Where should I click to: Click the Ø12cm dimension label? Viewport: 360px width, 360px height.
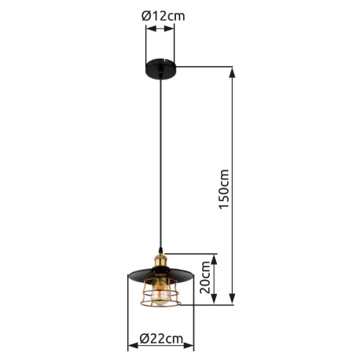coord(163,16)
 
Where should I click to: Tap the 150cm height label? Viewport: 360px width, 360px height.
coord(224,189)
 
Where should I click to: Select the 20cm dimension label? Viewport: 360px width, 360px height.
coord(205,277)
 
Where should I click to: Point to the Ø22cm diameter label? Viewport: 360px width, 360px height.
coord(161,339)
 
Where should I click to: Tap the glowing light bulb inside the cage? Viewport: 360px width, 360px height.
coord(160,294)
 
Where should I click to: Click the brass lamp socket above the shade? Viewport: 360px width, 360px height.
coord(160,262)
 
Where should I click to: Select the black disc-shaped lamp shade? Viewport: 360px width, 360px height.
coord(160,276)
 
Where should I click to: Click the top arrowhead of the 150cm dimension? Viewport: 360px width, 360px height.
coord(232,72)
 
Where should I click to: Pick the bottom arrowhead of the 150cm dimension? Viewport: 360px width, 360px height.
coord(232,299)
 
